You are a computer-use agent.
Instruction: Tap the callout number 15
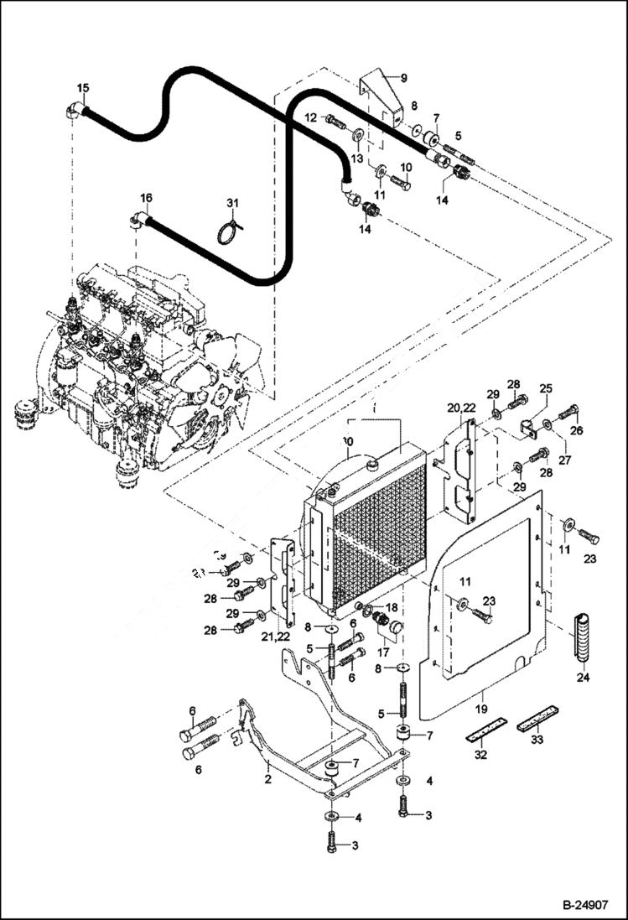82,88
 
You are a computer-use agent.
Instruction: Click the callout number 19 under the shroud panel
483,696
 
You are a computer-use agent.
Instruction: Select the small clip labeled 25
528,428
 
